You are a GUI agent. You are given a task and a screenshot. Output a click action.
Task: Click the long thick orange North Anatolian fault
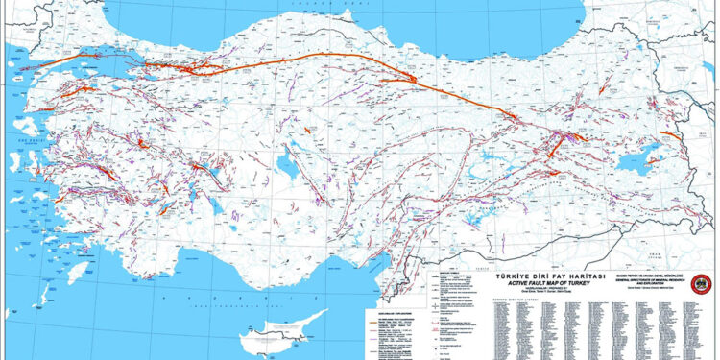tap(317, 59)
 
